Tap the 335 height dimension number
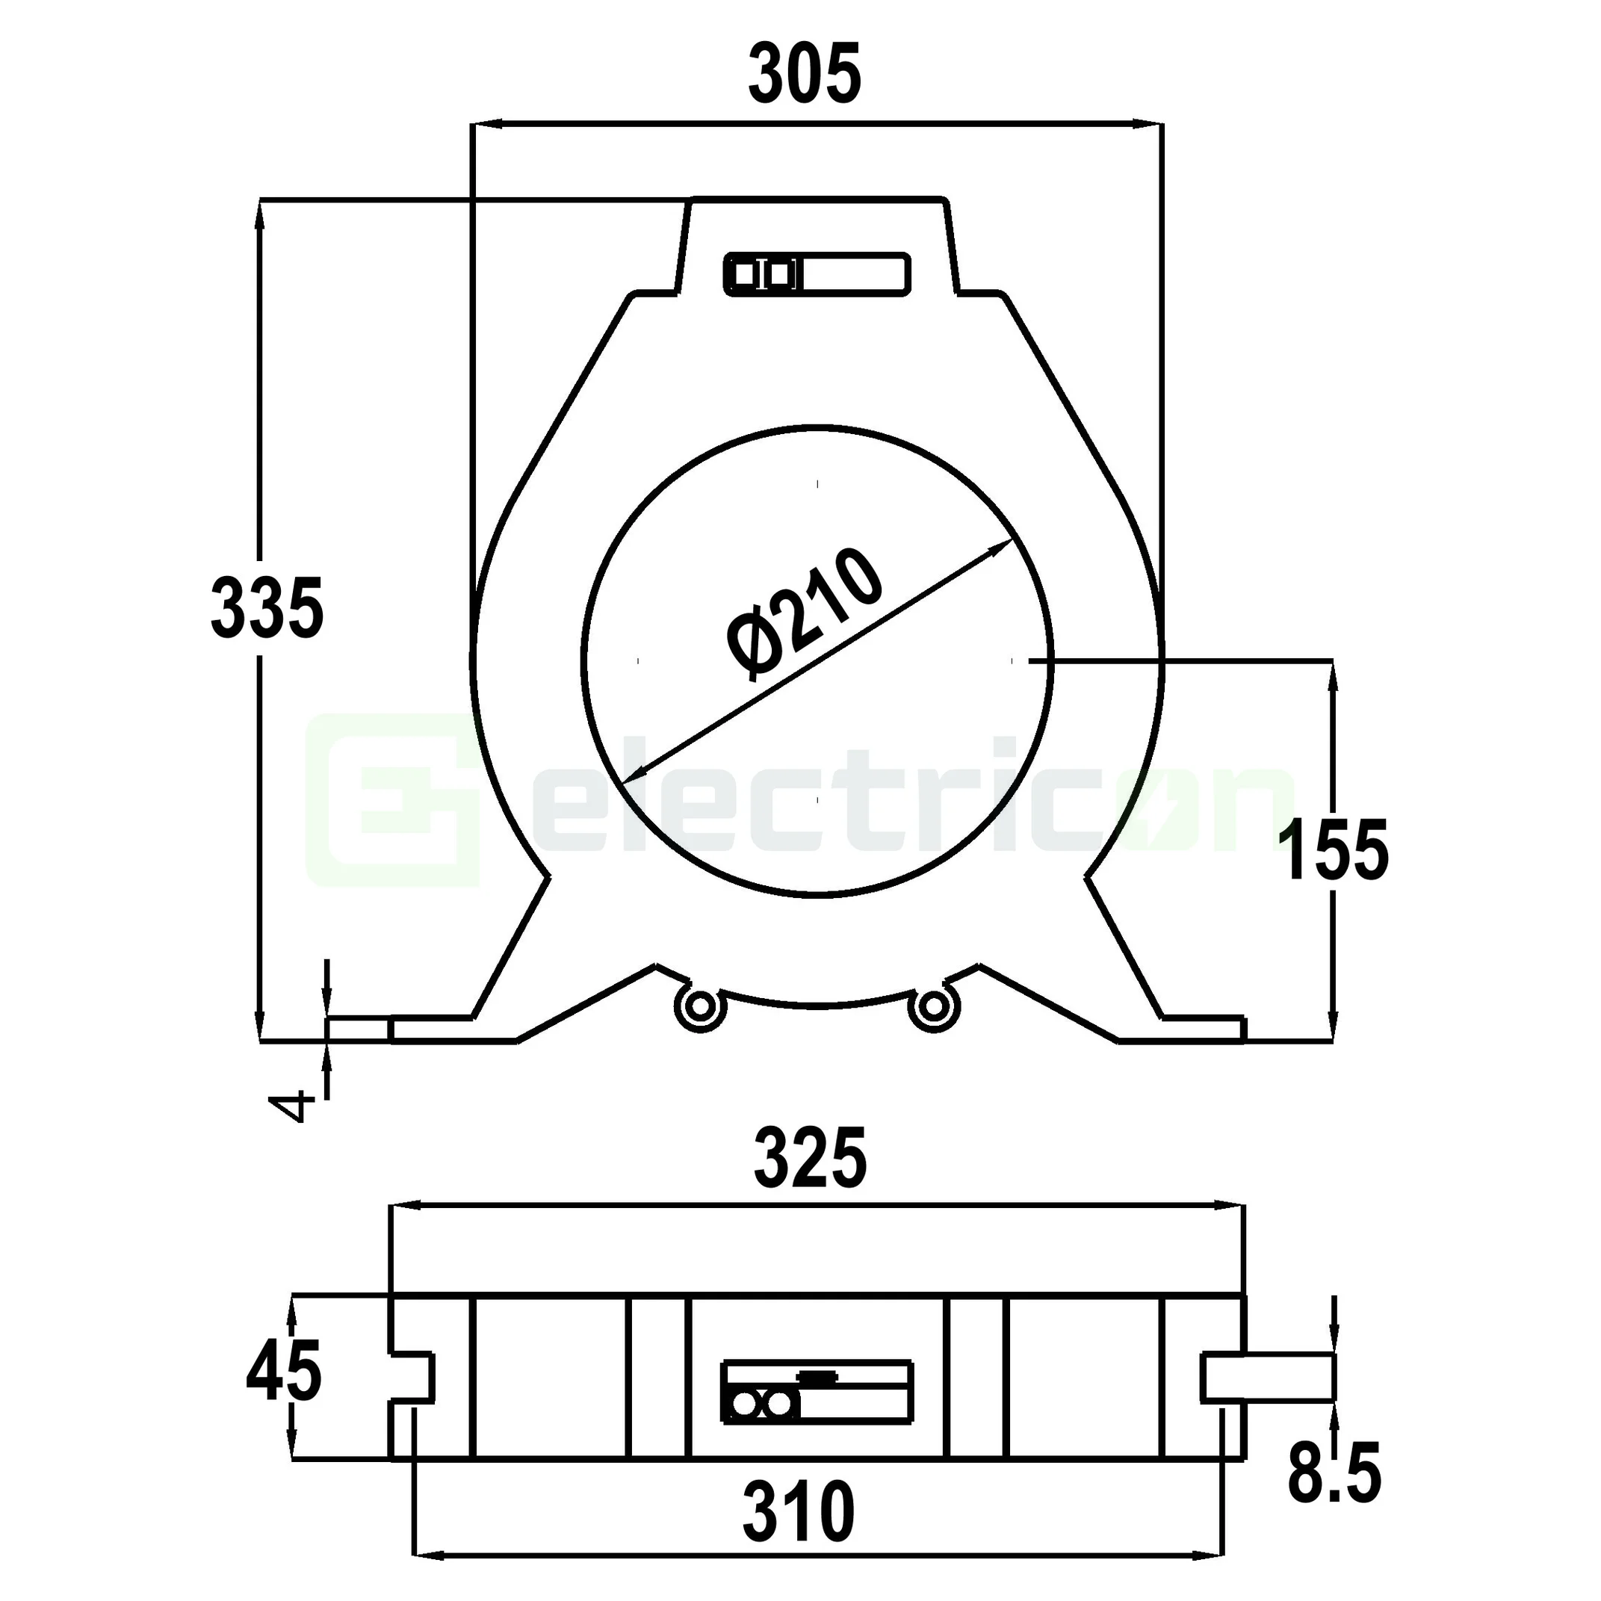click(x=267, y=609)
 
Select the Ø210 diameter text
click(x=802, y=616)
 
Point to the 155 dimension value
click(x=1332, y=849)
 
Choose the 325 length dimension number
click(x=810, y=1159)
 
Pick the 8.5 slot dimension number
click(x=1334, y=1473)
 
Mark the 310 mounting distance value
click(x=798, y=1511)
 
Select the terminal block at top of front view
click(x=817, y=274)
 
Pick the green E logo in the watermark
click(x=394, y=801)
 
